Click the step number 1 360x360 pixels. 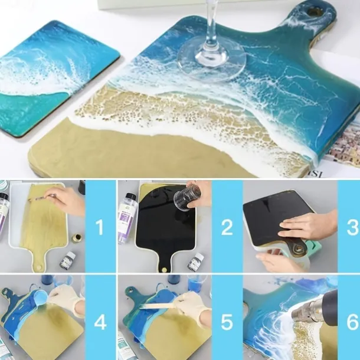[x=100, y=227]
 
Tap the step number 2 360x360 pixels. [x=227, y=227]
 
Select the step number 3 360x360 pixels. [x=352, y=227]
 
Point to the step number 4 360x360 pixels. [x=100, y=322]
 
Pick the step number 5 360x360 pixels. [x=227, y=322]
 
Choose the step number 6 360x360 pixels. [x=352, y=322]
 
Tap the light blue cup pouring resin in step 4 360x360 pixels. [x=40, y=299]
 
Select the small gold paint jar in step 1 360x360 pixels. [x=76, y=238]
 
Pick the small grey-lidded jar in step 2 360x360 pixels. [x=195, y=261]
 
